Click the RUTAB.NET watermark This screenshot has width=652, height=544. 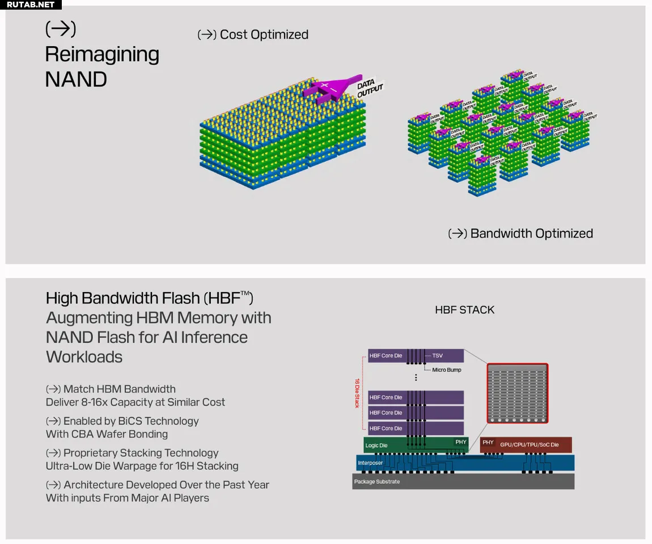coord(31,5)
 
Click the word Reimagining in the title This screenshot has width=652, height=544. coord(102,55)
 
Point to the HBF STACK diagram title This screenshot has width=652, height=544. coord(464,309)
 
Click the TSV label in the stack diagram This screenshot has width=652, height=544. coord(438,356)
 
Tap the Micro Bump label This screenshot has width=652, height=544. coord(447,370)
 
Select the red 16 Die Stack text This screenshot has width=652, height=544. coord(357,393)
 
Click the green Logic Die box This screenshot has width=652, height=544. coord(416,445)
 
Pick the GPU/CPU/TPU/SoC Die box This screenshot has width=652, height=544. coord(526,445)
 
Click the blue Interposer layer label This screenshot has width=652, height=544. coord(370,463)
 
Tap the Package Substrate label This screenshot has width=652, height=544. coord(376,482)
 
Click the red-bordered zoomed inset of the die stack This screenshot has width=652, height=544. coord(517,393)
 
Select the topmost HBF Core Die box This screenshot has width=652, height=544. coord(416,356)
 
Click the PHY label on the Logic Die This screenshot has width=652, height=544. coord(461,442)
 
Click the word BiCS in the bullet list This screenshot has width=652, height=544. coord(130,421)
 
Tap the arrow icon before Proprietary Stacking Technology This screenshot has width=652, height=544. coord(53,453)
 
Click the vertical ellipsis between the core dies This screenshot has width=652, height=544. coord(416,377)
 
